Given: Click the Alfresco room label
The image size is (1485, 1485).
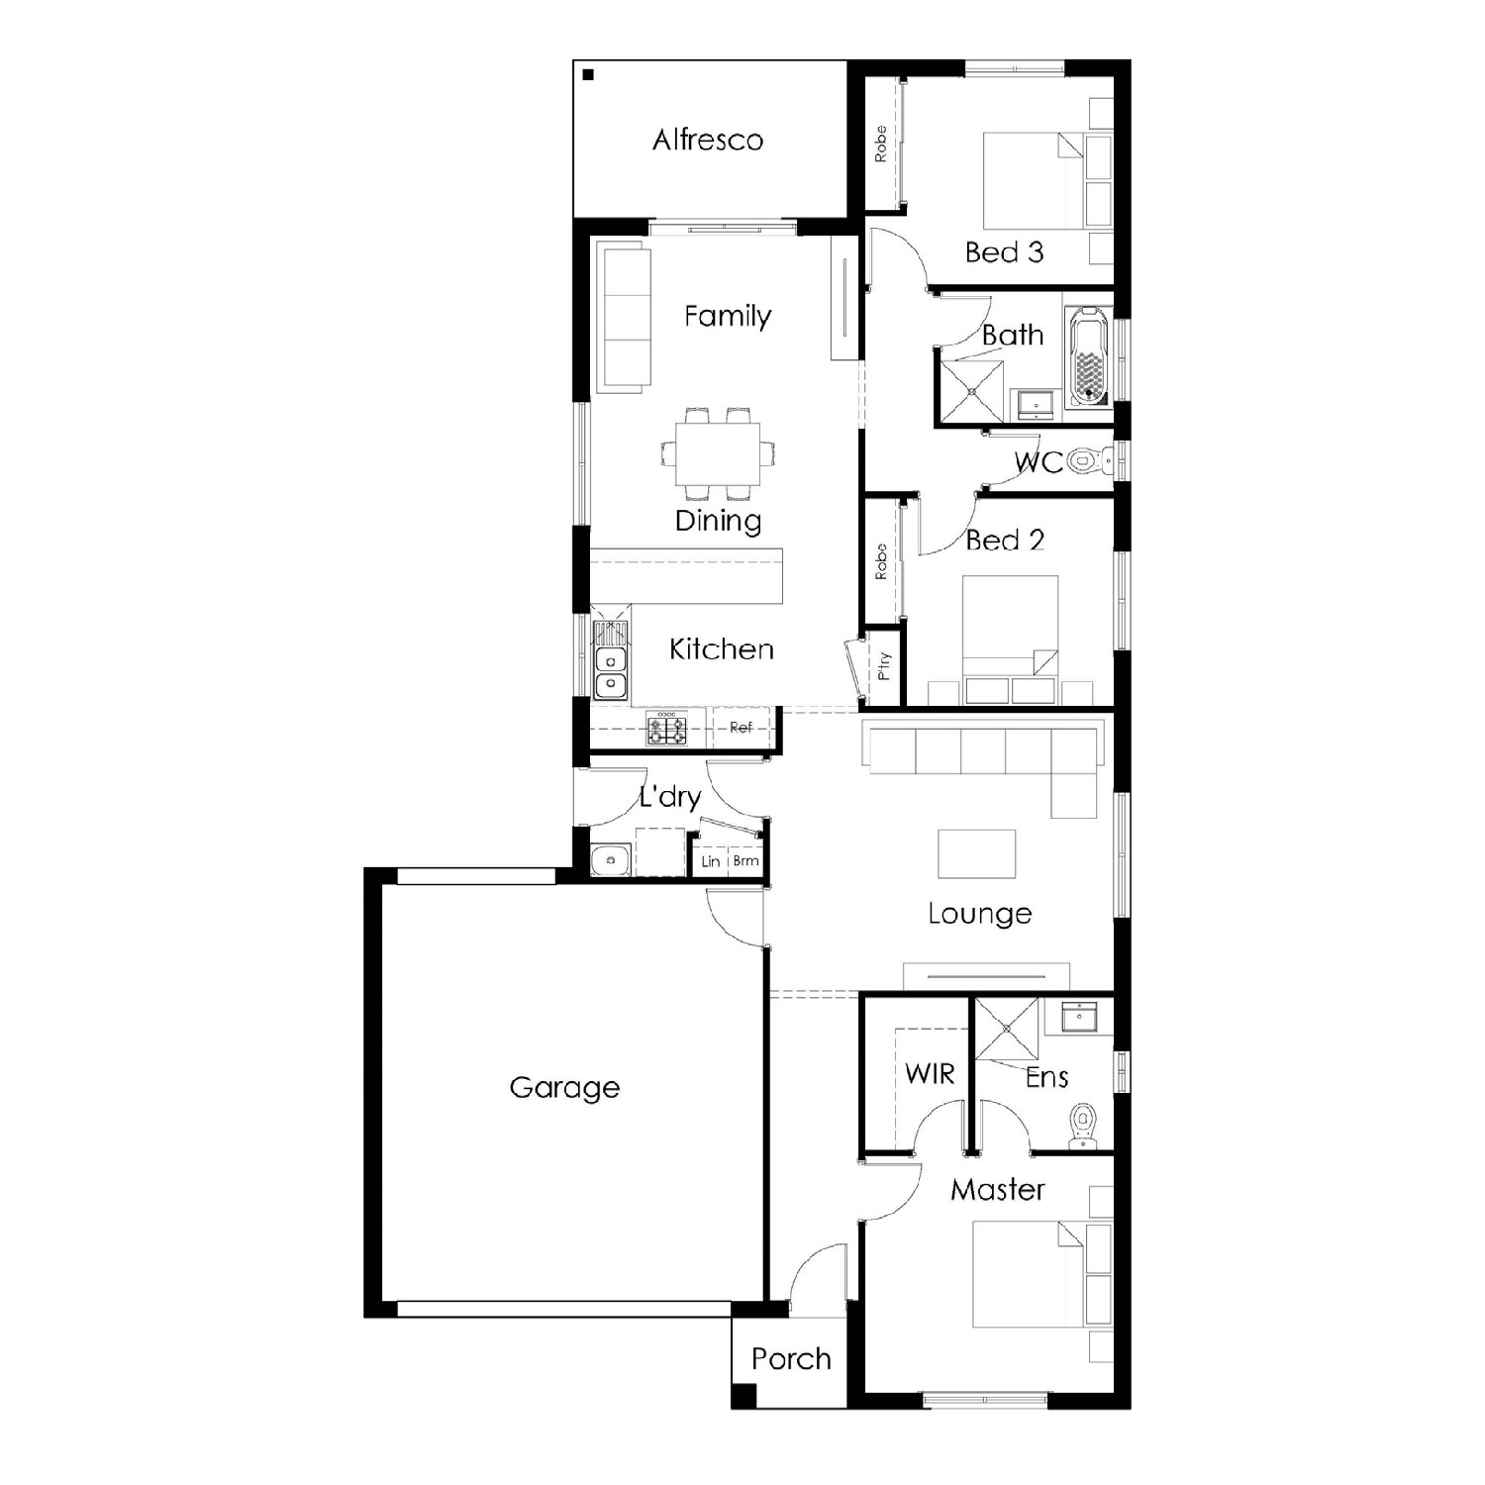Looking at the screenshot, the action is [708, 140].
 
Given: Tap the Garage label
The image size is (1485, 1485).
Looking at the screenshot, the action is [564, 1087].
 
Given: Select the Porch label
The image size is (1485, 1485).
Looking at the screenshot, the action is [791, 1358].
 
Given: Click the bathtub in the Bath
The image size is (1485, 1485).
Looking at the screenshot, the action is [1089, 357].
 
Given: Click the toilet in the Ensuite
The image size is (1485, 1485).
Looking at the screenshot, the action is [1084, 1130].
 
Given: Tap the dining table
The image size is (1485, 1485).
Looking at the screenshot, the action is [719, 454].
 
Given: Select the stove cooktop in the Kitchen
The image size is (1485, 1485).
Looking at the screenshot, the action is [667, 729].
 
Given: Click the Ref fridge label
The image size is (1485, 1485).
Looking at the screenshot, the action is [741, 727].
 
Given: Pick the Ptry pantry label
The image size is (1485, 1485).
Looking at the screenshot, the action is [884, 665].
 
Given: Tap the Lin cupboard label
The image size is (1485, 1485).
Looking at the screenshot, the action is [711, 861].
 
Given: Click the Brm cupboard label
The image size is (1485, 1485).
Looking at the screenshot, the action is [745, 860].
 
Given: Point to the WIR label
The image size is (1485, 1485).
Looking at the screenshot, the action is [930, 1073].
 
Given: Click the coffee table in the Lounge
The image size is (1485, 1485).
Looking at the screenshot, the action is [977, 853].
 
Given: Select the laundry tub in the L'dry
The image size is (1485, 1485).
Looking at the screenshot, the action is [611, 860].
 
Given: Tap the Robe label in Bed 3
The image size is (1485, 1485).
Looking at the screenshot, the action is [880, 145].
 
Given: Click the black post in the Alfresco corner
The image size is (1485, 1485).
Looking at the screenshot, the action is [588, 74].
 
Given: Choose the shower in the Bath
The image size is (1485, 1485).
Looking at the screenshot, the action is [970, 392].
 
